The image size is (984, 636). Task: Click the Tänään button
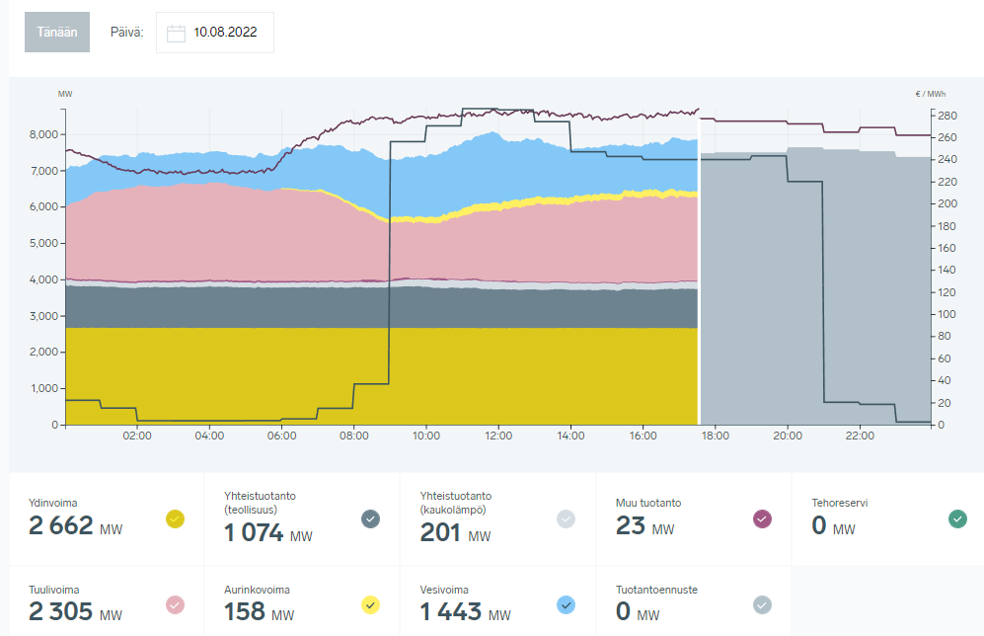tap(57, 33)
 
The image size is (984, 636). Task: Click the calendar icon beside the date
tap(177, 33)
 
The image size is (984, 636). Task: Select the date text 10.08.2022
tap(225, 33)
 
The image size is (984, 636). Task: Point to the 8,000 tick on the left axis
tap(45, 134)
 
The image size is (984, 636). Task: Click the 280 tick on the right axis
tap(946, 116)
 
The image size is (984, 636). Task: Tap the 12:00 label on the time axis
tap(498, 436)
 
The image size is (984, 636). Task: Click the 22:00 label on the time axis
tap(860, 436)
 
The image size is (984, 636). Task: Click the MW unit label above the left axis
tap(65, 94)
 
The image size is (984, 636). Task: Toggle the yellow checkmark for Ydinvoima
tap(176, 517)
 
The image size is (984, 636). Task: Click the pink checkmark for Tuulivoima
tap(176, 604)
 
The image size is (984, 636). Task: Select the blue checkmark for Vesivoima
tap(567, 604)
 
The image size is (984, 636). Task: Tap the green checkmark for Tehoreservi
tap(957, 517)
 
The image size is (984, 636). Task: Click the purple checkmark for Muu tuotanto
tap(762, 517)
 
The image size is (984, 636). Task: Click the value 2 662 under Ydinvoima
tap(61, 527)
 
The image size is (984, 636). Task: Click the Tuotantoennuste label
tap(656, 590)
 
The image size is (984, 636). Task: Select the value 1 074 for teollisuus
tap(256, 534)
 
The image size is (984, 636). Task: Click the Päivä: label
tap(127, 33)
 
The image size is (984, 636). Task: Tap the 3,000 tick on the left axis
tap(45, 316)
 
